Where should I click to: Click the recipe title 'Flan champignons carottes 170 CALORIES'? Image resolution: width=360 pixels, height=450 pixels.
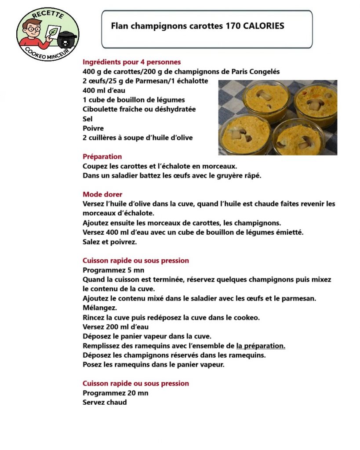point(197,26)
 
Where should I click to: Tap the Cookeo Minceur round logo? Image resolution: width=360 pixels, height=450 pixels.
point(47,34)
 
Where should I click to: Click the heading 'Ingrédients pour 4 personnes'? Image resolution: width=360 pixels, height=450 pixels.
point(131,62)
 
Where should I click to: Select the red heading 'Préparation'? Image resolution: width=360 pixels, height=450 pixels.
point(102,156)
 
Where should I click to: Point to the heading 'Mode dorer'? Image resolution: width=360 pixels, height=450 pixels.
point(102,194)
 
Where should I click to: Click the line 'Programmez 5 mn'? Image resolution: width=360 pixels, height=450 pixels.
point(113,270)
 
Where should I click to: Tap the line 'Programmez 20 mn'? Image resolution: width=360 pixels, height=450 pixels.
point(115,393)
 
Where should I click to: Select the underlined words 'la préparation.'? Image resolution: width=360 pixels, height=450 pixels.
point(261,346)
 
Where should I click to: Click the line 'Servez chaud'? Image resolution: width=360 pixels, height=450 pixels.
point(105,402)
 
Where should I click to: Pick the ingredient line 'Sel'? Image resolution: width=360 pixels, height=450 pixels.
point(88,119)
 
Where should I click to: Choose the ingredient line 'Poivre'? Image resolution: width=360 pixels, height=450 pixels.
point(93,128)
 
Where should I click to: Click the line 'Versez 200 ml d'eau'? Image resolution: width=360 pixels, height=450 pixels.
point(115,327)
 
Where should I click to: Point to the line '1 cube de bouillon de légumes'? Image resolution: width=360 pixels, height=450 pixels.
point(134,100)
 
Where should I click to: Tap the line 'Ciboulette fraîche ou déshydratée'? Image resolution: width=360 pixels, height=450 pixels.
point(139,109)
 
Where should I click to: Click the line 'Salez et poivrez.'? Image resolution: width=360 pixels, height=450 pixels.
point(110,242)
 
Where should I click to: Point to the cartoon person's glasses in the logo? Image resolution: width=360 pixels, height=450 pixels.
point(33,29)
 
